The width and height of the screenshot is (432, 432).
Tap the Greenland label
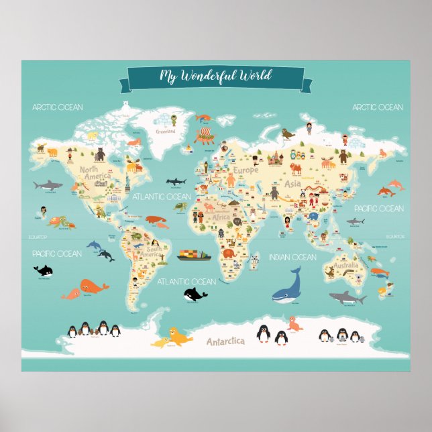(165, 131)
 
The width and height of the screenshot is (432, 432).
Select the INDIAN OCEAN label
(292, 257)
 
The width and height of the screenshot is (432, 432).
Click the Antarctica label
(225, 341)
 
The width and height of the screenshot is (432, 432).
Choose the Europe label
(245, 170)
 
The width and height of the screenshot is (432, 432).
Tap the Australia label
(346, 266)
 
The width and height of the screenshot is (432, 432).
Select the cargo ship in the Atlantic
(195, 255)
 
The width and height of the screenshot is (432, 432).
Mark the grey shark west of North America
(47, 184)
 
